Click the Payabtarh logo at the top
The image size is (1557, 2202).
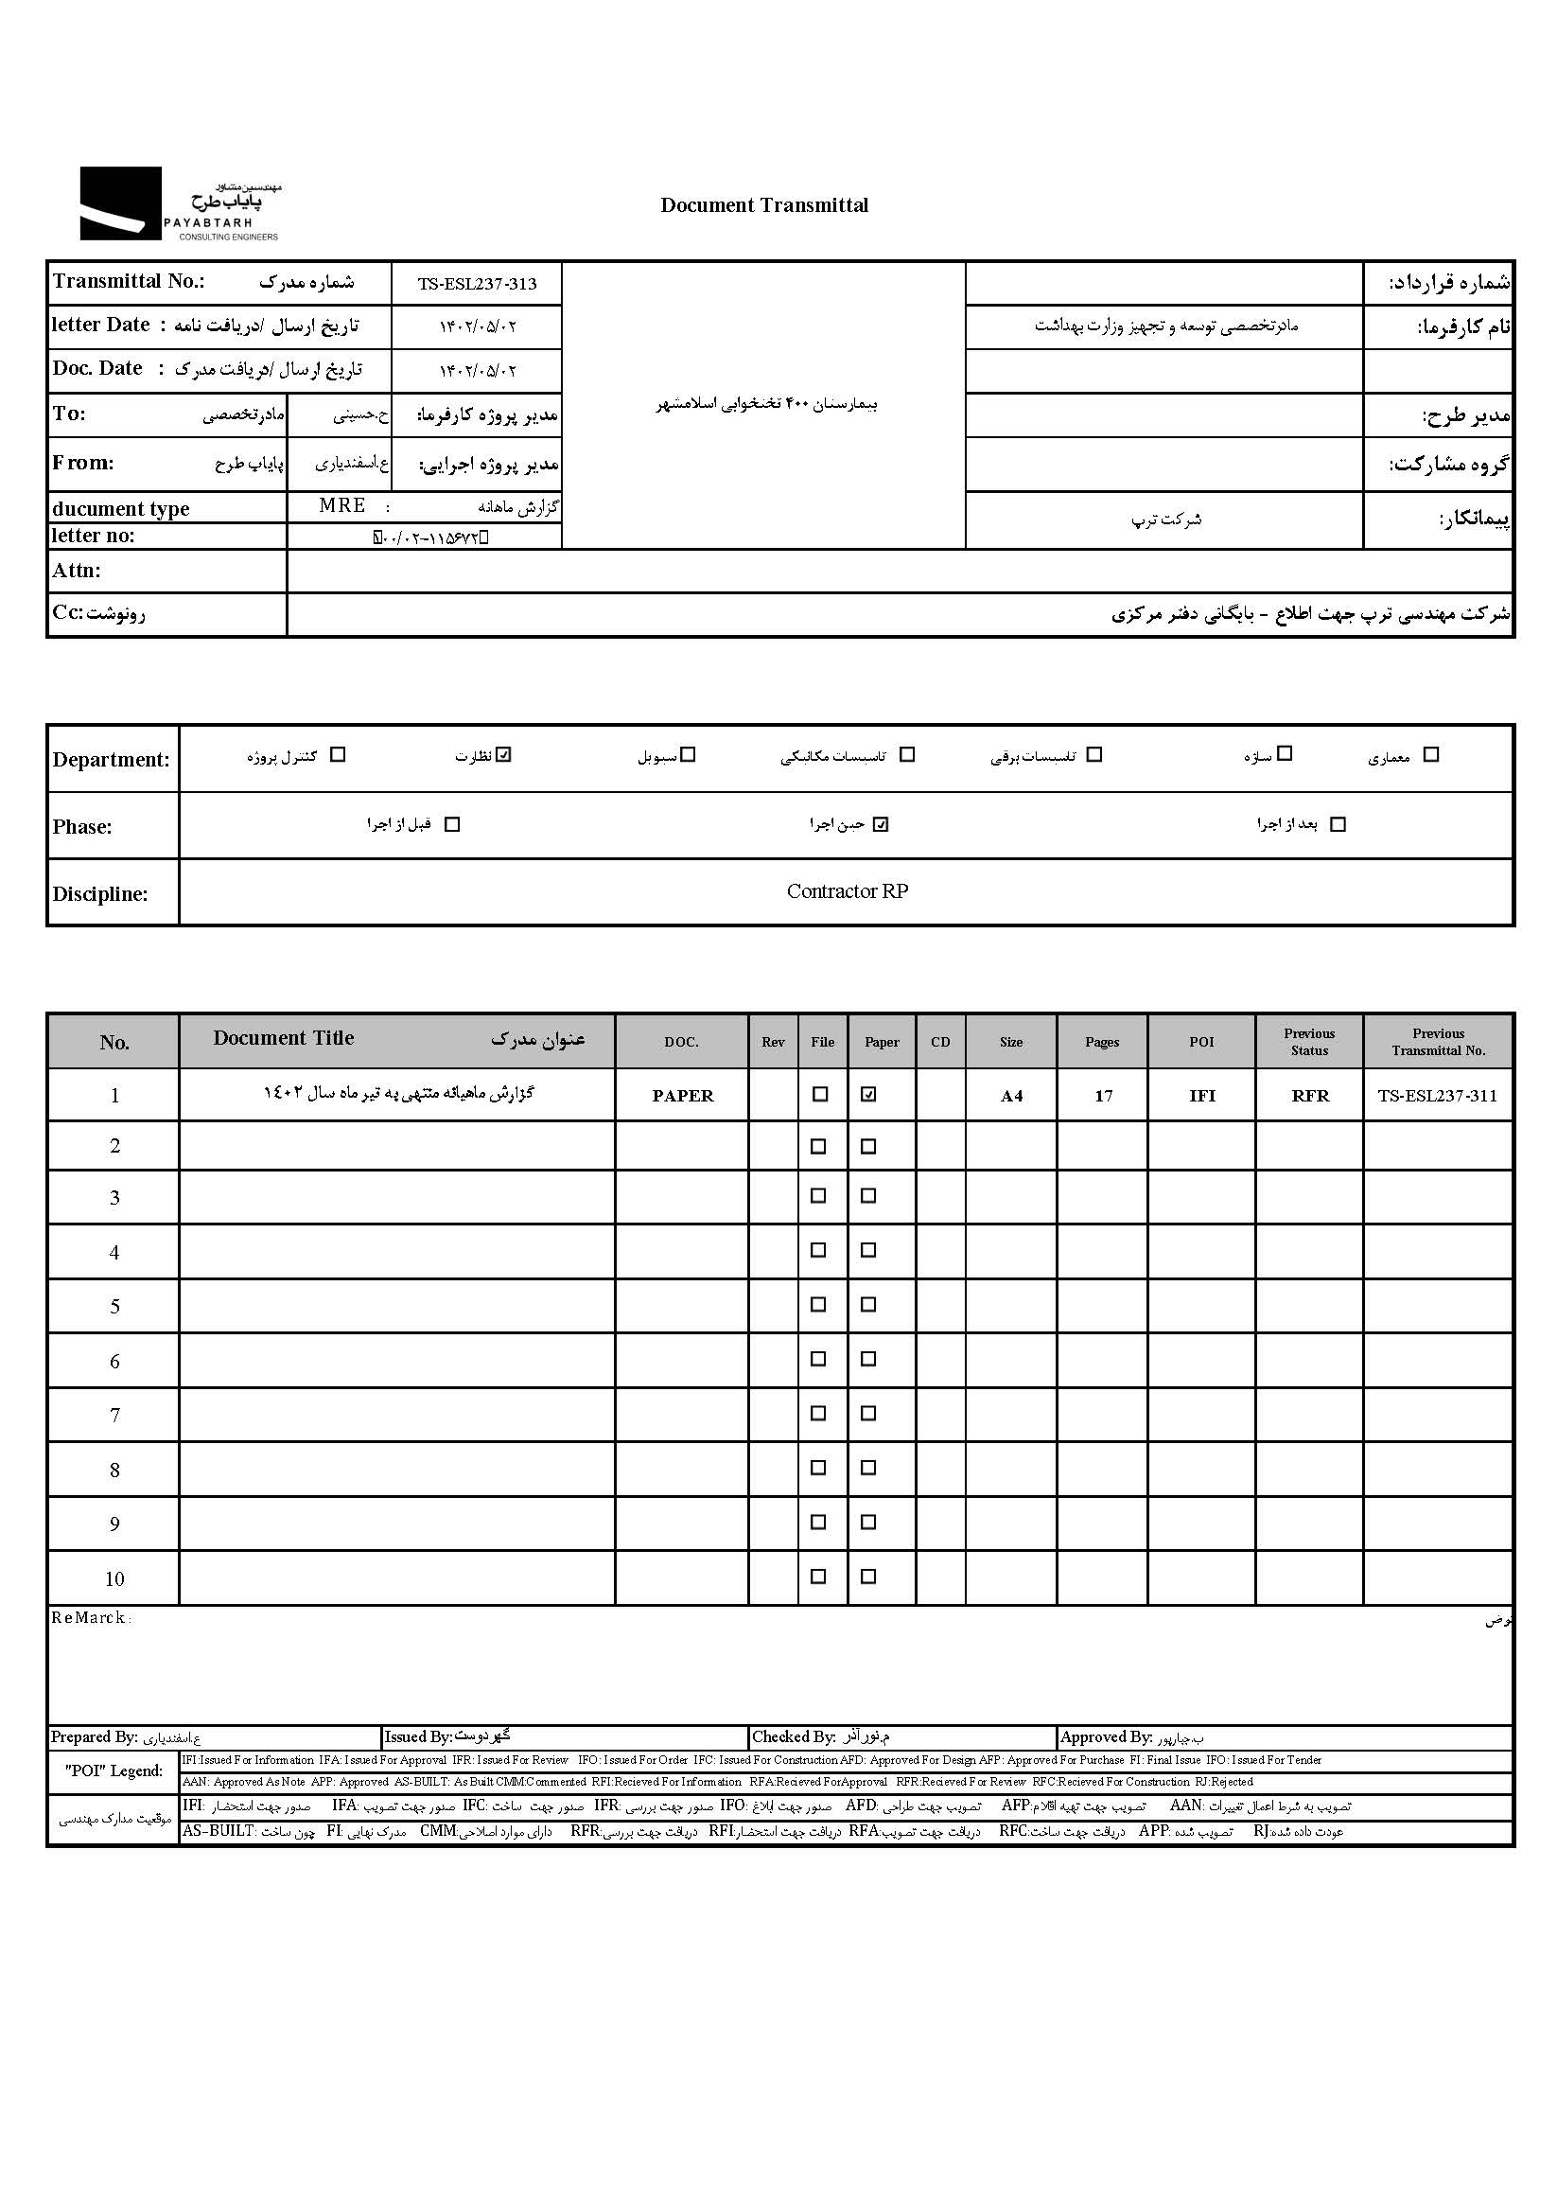click(180, 203)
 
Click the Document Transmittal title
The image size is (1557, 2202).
click(764, 205)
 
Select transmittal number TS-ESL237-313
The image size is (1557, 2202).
click(477, 284)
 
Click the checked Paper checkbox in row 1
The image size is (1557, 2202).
click(868, 1094)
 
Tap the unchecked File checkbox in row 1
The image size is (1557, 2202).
click(820, 1094)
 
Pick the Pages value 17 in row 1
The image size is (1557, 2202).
click(1104, 1096)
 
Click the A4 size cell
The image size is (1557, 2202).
click(1011, 1096)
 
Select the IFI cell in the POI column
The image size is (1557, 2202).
click(1202, 1096)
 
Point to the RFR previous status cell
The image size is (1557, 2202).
click(1310, 1096)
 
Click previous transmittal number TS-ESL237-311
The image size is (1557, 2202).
click(1437, 1096)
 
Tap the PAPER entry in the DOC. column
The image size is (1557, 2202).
click(683, 1096)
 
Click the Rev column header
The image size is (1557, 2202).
click(773, 1043)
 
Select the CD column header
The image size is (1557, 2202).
click(940, 1043)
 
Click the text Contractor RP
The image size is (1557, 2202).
click(847, 892)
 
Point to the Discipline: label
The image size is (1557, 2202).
click(99, 895)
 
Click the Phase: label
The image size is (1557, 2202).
click(82, 828)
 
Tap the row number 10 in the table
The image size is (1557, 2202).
click(114, 1579)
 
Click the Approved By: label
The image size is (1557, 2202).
click(1106, 1736)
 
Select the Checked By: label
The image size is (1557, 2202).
click(793, 1736)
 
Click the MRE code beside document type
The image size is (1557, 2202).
click(342, 505)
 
